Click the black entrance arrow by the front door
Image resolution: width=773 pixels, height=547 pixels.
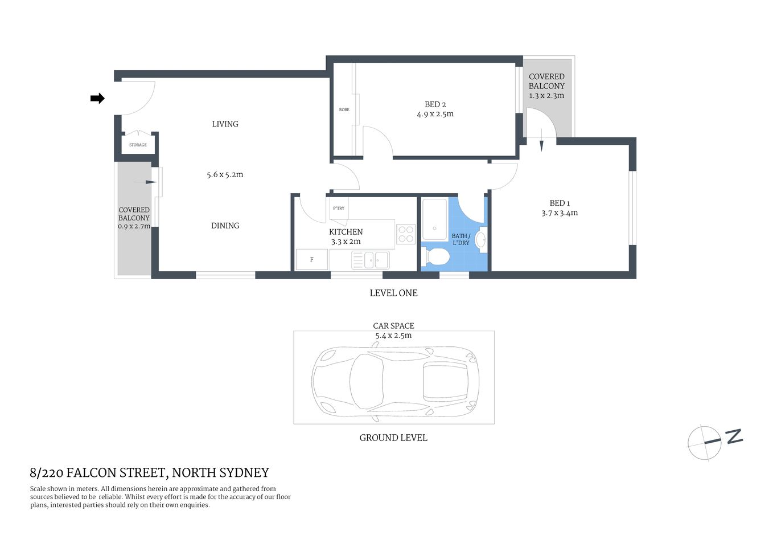coord(97,99)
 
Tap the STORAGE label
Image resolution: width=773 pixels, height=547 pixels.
coord(138,145)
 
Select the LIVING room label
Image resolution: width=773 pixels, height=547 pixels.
coord(225,124)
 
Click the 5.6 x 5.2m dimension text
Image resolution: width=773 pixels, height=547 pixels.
coord(225,175)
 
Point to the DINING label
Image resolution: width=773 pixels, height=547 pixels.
coord(225,226)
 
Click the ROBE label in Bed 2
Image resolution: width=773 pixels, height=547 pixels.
coord(344,109)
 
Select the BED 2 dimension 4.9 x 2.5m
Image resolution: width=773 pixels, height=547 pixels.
coord(435,114)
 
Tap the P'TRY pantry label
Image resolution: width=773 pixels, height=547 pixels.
coord(339,208)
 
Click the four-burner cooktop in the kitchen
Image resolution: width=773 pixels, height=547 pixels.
coord(406,234)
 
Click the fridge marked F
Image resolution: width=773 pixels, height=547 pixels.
coord(312,260)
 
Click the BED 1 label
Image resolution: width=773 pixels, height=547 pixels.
coord(559,203)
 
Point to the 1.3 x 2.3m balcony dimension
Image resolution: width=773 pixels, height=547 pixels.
coord(546,96)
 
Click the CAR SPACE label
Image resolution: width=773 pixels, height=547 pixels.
coord(393,326)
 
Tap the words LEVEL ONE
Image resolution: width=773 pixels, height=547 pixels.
coord(393,293)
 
